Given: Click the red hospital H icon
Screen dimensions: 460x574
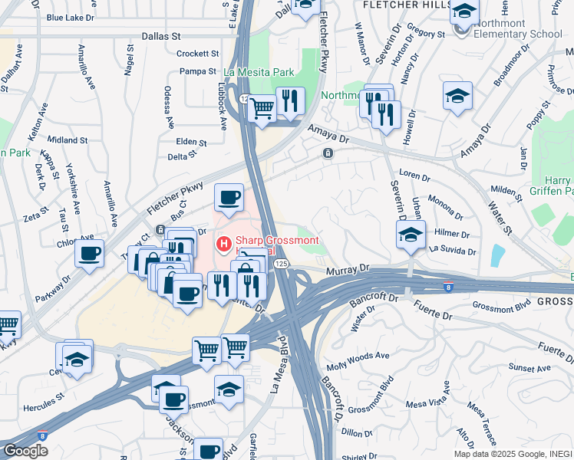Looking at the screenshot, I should (223, 245).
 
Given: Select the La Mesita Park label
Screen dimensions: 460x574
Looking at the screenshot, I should (259, 73).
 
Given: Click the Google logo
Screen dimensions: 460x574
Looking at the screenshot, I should (25, 451).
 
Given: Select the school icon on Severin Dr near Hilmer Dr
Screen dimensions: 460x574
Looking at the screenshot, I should (411, 234).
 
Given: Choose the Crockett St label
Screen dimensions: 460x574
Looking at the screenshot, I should (197, 54).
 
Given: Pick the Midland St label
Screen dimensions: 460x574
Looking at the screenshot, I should (68, 140).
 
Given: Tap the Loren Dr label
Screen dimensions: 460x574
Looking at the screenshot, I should (414, 176).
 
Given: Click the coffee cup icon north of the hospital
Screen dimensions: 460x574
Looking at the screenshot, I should (229, 198).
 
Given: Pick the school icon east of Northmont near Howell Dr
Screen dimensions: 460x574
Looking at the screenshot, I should (457, 96).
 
